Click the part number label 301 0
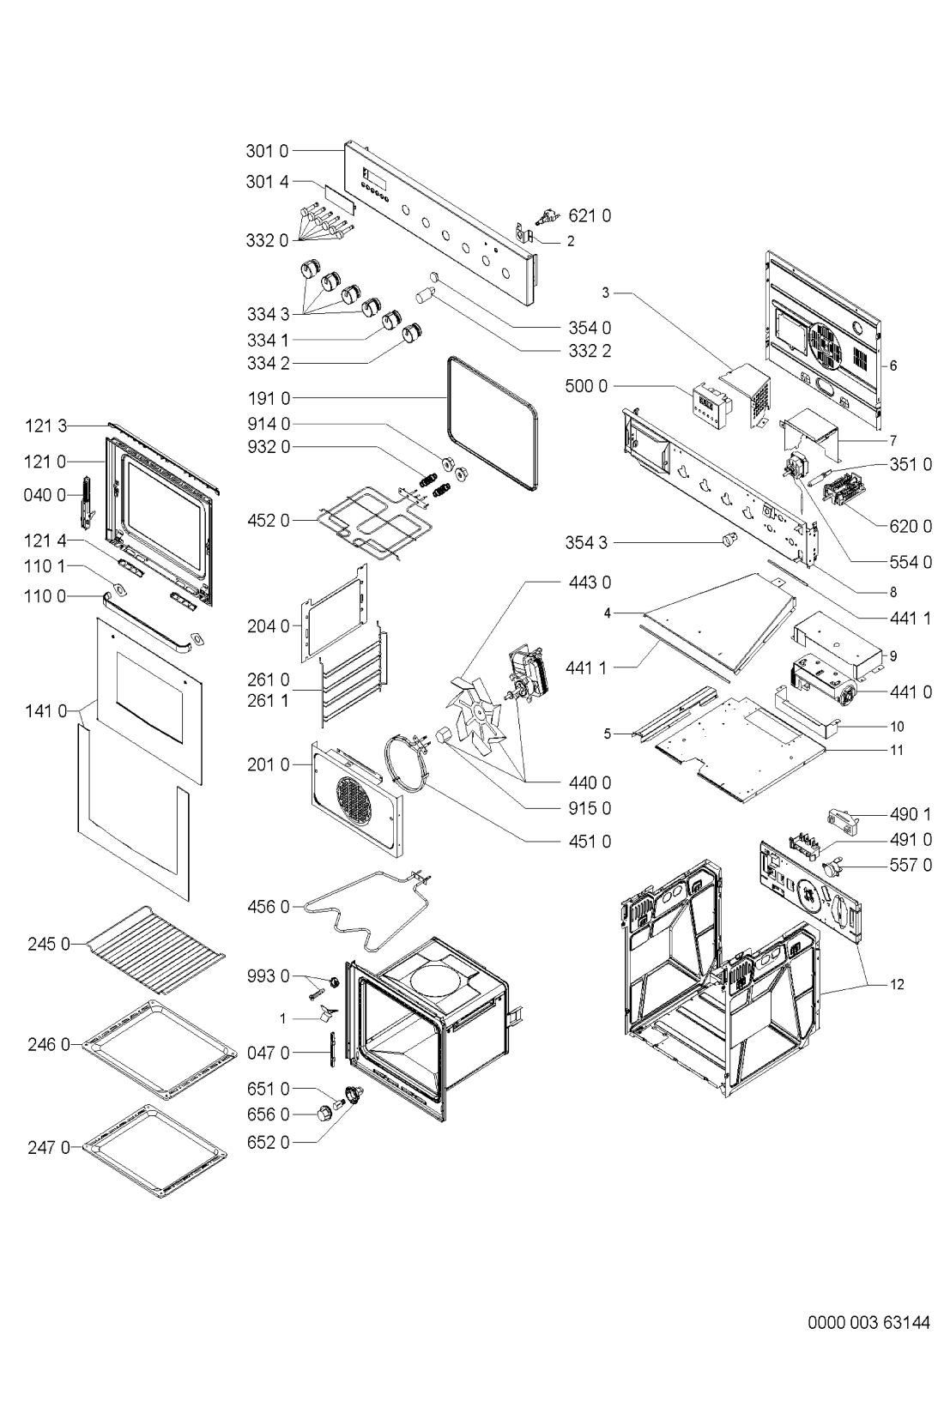click(x=268, y=152)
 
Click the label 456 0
click(x=268, y=906)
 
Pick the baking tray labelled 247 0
click(x=156, y=1150)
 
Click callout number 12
click(x=896, y=984)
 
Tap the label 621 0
click(x=590, y=216)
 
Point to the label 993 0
click(x=268, y=976)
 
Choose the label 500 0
click(x=586, y=386)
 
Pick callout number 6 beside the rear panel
click(x=893, y=365)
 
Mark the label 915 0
click(x=590, y=808)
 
